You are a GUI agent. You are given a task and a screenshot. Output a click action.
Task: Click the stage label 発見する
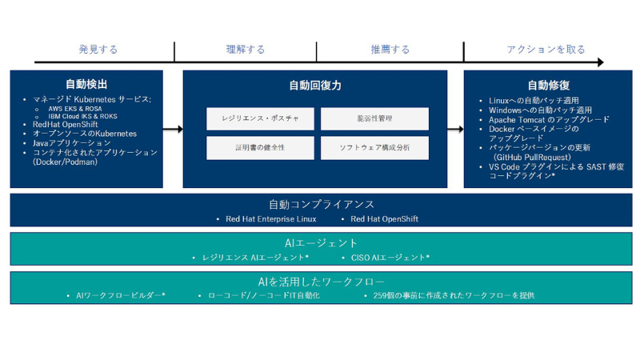[x=98, y=50]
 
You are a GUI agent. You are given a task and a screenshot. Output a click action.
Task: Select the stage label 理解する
[x=246, y=50]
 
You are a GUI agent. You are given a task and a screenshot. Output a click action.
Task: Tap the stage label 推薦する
[x=390, y=50]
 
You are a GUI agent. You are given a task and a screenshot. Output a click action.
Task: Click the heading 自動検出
[x=86, y=84]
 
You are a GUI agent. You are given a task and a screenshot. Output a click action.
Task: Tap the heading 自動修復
[x=548, y=85]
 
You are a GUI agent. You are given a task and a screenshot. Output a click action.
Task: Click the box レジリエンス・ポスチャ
[x=261, y=119]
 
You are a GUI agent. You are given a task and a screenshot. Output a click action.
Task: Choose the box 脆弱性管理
[x=374, y=119]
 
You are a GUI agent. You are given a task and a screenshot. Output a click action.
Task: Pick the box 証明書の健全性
[x=261, y=148]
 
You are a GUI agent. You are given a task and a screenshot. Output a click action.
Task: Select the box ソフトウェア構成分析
[x=374, y=148]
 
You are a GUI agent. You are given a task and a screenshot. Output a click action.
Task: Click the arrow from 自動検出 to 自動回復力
[x=173, y=129]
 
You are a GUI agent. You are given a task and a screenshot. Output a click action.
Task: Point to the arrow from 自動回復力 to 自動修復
[x=454, y=129]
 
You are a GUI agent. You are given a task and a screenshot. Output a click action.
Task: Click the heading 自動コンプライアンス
[x=321, y=204]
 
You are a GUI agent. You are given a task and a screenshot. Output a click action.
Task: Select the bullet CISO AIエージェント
[x=390, y=258]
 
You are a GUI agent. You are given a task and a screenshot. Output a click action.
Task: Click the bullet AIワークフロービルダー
[x=120, y=295]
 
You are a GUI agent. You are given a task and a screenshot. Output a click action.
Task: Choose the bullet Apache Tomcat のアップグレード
[x=549, y=119]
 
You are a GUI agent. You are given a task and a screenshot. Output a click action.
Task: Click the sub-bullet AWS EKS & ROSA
[x=80, y=108]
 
